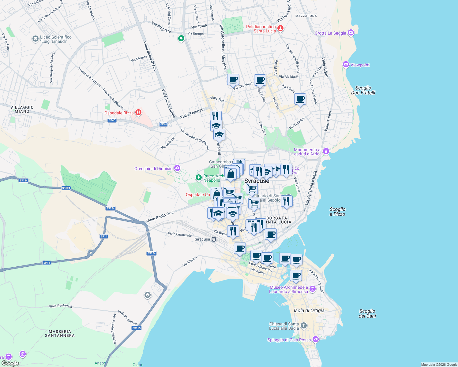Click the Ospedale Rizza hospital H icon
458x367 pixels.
tap(138, 113)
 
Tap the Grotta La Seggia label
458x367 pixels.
tap(330, 33)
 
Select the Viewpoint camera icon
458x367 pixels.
tap(346, 65)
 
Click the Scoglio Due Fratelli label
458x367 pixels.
tap(363, 90)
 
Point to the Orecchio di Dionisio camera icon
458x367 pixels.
tap(177, 168)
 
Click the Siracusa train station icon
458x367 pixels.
tap(214, 239)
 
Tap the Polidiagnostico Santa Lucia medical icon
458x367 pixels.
tap(280, 28)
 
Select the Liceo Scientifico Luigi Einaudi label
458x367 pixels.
tap(56, 39)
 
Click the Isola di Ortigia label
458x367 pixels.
tap(309, 310)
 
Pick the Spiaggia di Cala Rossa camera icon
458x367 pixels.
tap(316, 339)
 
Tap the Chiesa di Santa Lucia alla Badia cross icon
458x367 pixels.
tap(303, 325)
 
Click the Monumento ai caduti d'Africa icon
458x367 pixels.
tap(326, 151)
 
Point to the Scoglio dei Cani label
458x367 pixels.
tap(367, 313)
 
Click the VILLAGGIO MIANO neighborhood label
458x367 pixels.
tap(22, 109)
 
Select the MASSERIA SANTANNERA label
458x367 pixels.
tap(60, 333)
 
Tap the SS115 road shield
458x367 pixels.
tap(137, 328)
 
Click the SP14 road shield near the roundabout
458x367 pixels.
tap(104, 236)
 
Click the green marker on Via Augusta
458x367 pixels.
tap(181, 39)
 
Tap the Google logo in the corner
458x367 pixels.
tap(10, 363)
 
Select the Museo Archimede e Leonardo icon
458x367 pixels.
tap(312, 289)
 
